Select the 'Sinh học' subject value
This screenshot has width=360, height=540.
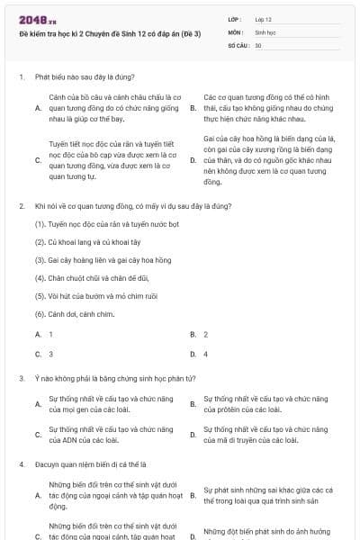[x=265, y=31]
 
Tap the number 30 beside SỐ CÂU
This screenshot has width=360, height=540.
[x=258, y=44]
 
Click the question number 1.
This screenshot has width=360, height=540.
[x=21, y=77]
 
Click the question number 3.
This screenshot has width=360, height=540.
[x=21, y=379]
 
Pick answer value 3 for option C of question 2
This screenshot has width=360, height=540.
[x=50, y=354]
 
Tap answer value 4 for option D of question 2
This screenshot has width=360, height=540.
[x=205, y=354]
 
